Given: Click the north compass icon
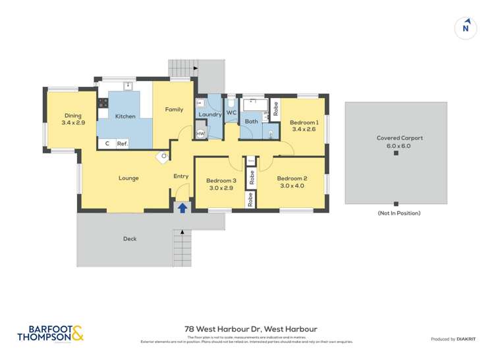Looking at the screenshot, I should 466,28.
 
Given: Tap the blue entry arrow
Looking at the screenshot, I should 182,207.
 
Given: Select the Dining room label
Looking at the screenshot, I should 73,119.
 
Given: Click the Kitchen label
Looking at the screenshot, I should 125,116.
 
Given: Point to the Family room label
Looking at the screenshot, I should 174,109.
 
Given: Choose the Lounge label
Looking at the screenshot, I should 128,178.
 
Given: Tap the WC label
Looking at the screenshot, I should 231,113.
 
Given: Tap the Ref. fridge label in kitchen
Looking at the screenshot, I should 122,143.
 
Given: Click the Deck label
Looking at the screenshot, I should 130,239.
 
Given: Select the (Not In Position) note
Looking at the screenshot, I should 398,213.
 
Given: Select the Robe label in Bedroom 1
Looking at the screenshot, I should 275,108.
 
